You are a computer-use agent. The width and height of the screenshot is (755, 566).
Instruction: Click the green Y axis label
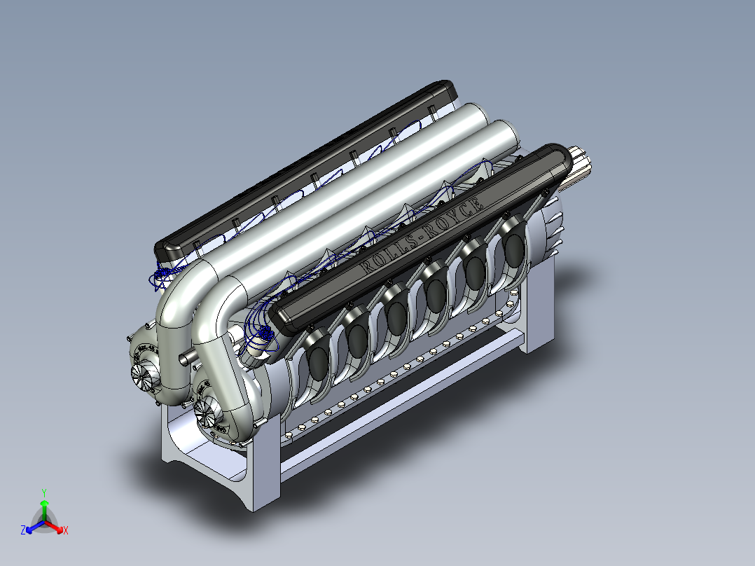coord(43,492)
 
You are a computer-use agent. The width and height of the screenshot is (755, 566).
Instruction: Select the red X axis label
coord(66,531)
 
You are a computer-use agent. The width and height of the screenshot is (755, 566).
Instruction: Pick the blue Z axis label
coord(23,531)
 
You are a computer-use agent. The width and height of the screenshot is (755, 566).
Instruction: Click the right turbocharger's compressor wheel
coord(207,413)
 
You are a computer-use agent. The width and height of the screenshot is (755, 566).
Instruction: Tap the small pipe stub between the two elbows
coord(186,357)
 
